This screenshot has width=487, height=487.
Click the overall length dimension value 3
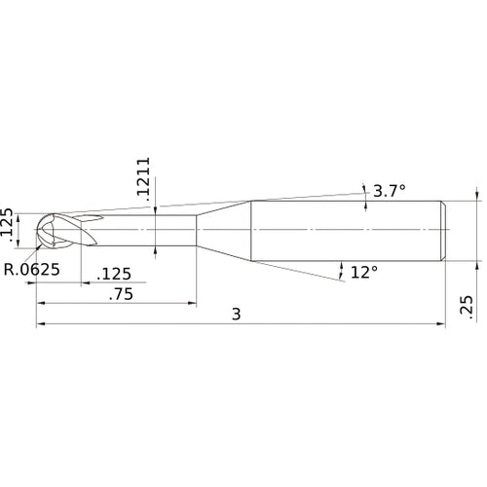point(238,314)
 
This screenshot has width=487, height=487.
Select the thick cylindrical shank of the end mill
point(346,231)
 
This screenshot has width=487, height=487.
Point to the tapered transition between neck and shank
point(224,231)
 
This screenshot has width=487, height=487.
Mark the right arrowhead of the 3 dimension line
point(442,325)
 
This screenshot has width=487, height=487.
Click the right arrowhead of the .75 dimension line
point(193,301)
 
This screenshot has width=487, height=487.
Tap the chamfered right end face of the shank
point(445,231)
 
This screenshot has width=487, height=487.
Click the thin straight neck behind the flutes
point(146,231)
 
